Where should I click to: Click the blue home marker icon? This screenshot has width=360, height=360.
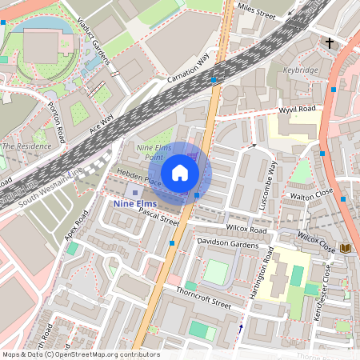[180, 172]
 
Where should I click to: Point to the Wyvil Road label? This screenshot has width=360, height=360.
[297, 109]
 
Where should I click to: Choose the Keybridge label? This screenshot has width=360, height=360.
[300, 70]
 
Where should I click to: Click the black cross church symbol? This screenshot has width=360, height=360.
[330, 42]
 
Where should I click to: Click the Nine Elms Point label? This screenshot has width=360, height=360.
[154, 153]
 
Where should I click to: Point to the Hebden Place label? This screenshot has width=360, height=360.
[139, 178]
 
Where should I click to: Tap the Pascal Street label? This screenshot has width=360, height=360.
[158, 216]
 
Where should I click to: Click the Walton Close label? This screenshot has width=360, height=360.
[312, 194]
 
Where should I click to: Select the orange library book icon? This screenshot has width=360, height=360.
[346, 249]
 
